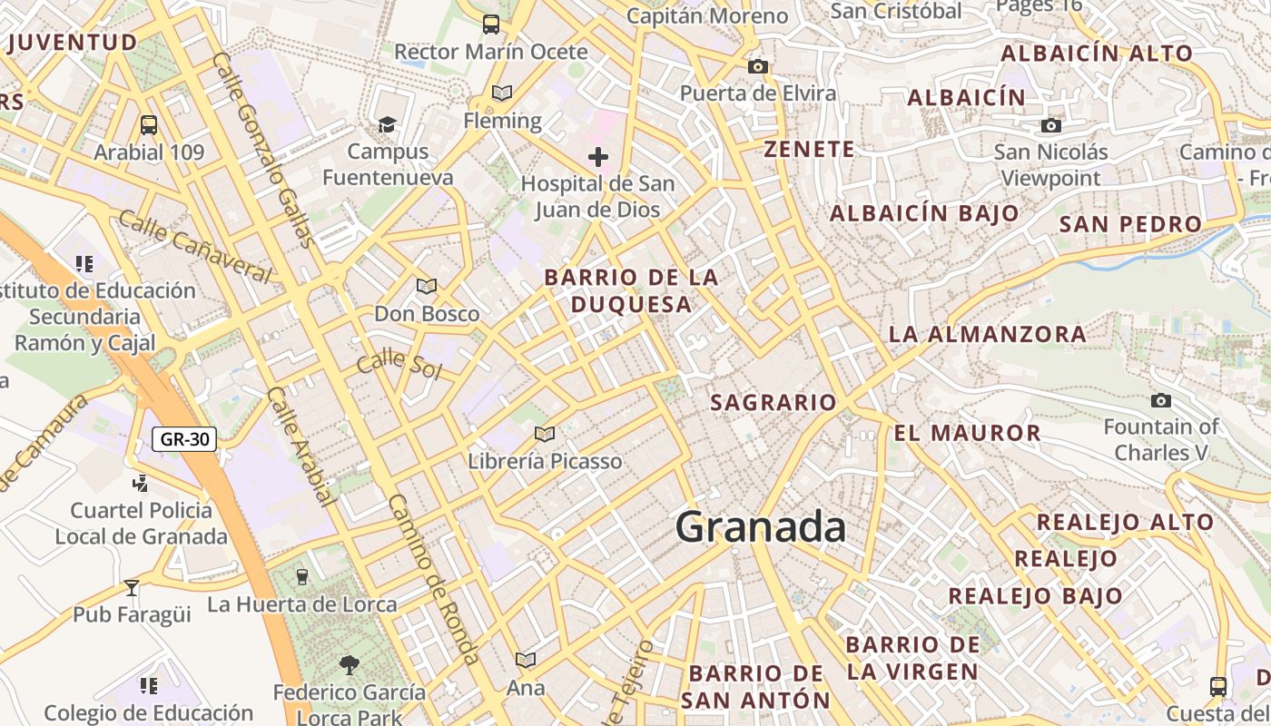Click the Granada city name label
point(761,527)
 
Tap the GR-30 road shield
point(184,440)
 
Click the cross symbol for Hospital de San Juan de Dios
point(597,157)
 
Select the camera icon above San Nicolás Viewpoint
point(1051,125)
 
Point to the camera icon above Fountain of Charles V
point(1160,400)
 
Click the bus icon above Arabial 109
point(149,125)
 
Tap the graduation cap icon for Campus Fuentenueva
point(388,124)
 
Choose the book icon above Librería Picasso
point(544,435)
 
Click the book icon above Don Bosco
point(427,287)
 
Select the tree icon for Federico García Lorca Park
point(349,665)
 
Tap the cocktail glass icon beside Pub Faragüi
point(132,588)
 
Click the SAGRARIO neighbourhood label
point(773,402)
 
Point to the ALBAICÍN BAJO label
point(924,213)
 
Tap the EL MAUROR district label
point(967,433)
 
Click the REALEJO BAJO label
point(1035,596)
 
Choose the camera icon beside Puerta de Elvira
point(757,66)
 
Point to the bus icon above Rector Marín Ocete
point(491,25)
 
